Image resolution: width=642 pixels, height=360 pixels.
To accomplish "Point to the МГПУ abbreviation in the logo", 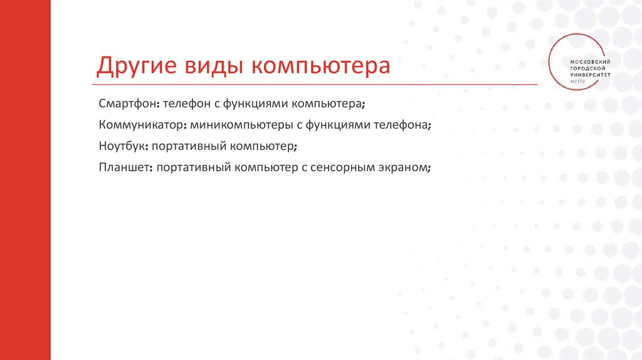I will pos(577,80).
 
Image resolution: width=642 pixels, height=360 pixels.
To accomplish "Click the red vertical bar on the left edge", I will pos(25,180).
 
